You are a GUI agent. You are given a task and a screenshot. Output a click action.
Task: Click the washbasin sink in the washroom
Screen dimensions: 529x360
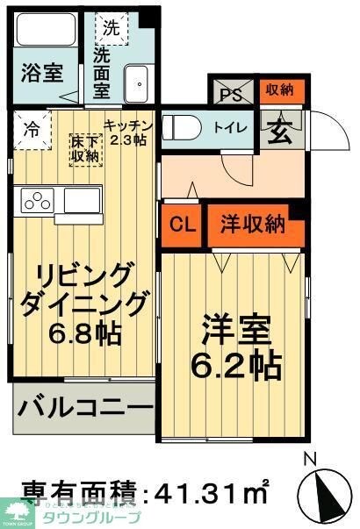tap(137, 83)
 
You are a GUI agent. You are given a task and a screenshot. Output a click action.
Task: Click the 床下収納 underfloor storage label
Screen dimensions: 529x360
tap(85, 147)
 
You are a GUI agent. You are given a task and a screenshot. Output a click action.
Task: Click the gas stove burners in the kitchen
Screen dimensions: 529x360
tap(39, 200)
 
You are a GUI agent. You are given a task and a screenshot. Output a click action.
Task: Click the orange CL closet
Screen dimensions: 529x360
tap(182, 225)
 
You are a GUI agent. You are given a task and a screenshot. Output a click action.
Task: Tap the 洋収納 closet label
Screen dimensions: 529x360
tap(251, 225)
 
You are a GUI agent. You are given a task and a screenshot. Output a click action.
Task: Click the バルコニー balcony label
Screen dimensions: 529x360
tap(83, 409)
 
